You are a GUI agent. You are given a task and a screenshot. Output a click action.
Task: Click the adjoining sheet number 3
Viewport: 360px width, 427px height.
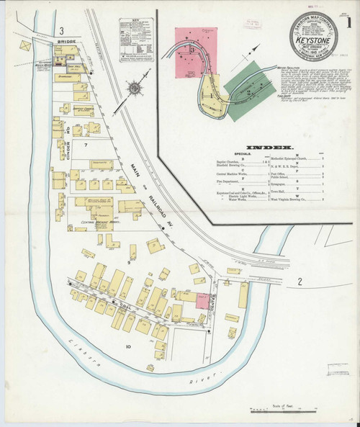point(63,31)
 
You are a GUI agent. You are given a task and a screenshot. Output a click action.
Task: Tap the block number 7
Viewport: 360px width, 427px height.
point(84,145)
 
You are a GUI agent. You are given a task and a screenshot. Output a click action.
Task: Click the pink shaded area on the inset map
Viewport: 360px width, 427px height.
point(194,44)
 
